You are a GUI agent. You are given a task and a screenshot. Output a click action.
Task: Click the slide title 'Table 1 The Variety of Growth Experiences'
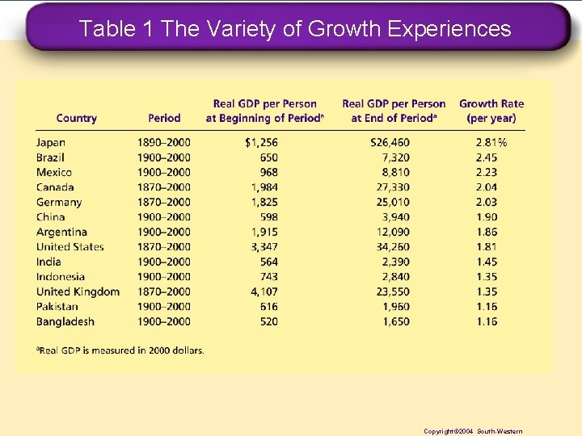click(295, 29)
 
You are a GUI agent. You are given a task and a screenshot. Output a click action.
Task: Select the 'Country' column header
click(77, 118)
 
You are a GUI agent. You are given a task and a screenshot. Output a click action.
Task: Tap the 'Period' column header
click(164, 118)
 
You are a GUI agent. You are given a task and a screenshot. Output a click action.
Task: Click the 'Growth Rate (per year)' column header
click(491, 111)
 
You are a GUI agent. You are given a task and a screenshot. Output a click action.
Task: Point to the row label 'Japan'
click(51, 142)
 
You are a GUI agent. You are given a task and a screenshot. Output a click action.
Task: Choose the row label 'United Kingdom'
click(78, 291)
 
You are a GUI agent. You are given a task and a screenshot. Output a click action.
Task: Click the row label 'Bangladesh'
click(65, 321)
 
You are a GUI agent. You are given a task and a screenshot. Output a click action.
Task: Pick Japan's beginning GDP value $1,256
click(260, 142)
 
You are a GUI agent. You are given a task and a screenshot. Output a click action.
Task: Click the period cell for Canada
click(164, 187)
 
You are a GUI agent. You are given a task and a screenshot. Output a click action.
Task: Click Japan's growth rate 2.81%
click(491, 142)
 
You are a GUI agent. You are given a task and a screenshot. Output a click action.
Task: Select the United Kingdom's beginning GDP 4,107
click(264, 291)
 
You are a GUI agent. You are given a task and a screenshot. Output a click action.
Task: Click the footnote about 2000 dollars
click(120, 350)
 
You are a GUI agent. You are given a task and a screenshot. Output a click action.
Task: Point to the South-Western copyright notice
click(473, 431)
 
